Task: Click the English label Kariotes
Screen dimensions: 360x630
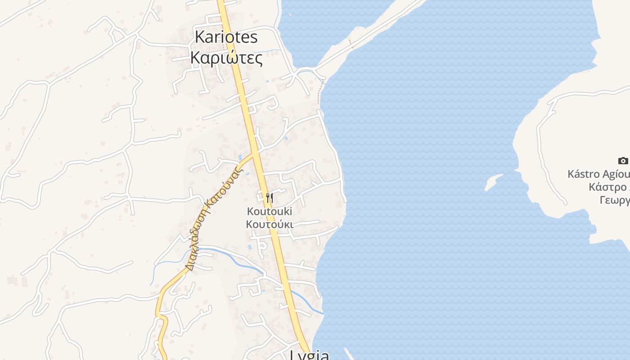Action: (226, 37)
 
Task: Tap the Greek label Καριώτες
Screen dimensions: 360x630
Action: (226, 58)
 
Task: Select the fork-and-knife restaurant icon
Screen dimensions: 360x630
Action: (269, 198)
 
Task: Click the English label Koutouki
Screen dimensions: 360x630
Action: (270, 211)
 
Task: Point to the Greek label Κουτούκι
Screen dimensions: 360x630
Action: (270, 224)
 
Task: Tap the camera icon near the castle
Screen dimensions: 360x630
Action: (623, 161)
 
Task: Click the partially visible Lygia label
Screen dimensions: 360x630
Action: (310, 355)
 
